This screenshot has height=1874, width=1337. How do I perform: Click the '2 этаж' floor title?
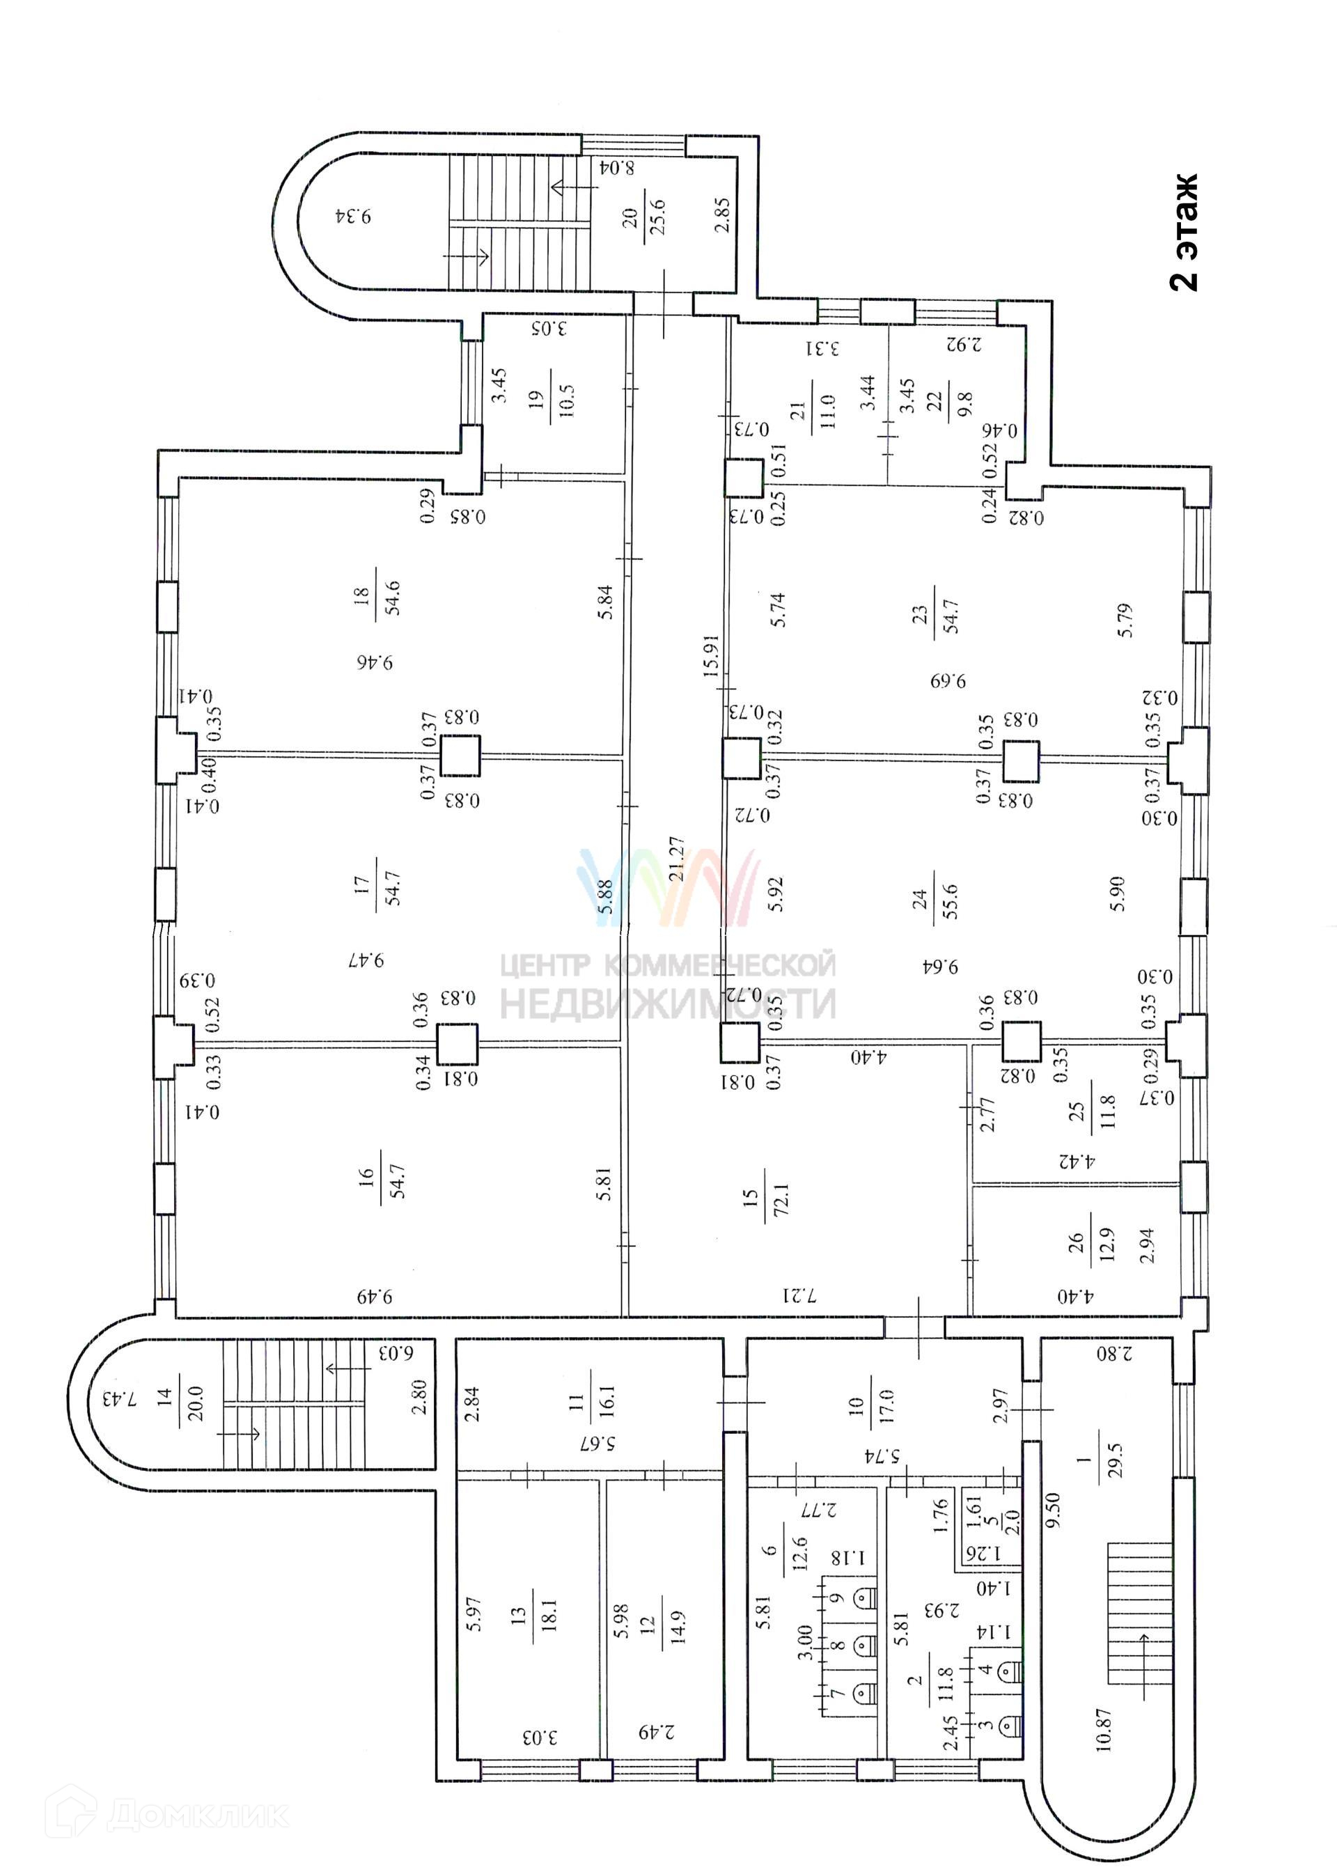[1184, 231]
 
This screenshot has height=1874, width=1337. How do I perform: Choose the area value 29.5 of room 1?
[1116, 1460]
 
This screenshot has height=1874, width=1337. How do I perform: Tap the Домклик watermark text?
[197, 1807]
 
